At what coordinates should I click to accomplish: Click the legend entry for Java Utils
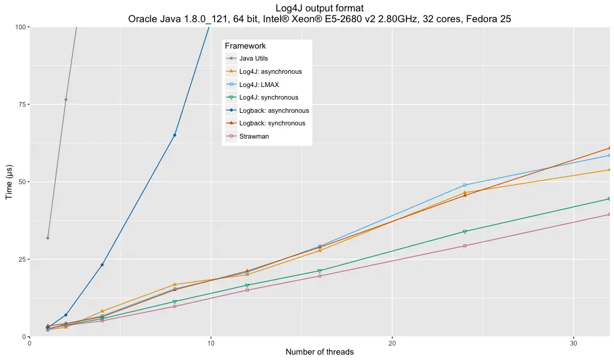(254, 59)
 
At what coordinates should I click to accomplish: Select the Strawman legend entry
(254, 136)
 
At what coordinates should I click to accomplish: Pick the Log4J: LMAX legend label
(258, 85)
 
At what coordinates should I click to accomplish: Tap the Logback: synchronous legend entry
(272, 124)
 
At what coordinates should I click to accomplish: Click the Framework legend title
(245, 46)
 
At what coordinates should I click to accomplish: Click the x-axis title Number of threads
(319, 352)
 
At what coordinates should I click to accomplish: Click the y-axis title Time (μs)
(9, 182)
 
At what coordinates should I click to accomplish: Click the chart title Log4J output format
(319, 8)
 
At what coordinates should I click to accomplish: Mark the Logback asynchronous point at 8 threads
(174, 135)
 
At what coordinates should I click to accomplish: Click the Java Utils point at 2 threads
(66, 100)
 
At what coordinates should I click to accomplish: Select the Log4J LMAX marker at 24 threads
(465, 185)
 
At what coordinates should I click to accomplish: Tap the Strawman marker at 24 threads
(465, 245)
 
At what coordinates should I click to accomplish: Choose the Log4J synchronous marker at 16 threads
(320, 271)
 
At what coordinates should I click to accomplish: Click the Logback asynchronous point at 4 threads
(102, 265)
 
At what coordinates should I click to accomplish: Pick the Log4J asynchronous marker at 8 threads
(174, 284)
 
